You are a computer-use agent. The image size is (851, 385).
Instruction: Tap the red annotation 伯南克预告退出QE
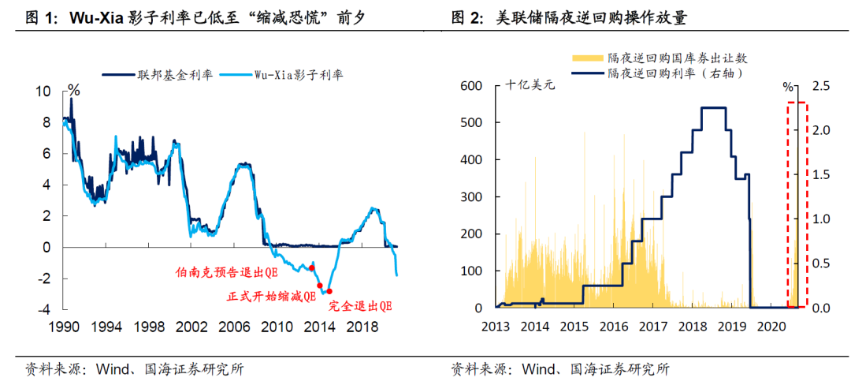pyautogui.click(x=225, y=274)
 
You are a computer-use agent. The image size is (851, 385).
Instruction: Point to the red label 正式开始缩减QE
pyautogui.click(x=270, y=297)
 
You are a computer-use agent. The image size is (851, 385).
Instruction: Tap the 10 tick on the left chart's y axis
pyautogui.click(x=44, y=92)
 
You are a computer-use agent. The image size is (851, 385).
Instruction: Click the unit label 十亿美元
pyautogui.click(x=530, y=85)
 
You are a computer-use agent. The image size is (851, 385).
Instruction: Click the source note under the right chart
pyautogui.click(x=559, y=368)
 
